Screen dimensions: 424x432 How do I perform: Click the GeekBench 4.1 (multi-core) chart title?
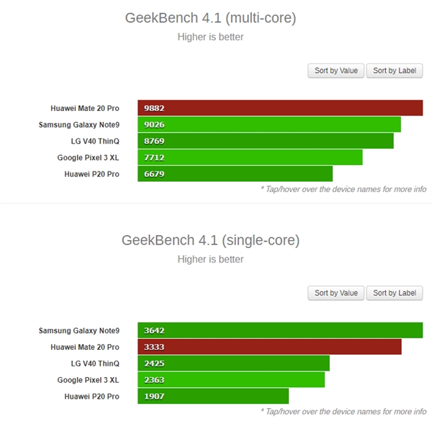point(210,18)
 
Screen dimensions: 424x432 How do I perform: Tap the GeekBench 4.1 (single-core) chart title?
point(210,240)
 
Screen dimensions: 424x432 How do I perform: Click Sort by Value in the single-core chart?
point(336,293)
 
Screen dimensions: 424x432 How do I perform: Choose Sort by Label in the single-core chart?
point(394,293)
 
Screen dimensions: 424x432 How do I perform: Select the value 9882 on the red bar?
point(155,108)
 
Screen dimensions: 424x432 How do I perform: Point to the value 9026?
point(155,125)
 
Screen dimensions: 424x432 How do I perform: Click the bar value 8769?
point(155,141)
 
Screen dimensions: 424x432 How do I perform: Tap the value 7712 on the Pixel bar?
point(155,157)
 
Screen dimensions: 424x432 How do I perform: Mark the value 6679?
point(155,174)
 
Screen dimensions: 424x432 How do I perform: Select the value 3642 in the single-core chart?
point(155,330)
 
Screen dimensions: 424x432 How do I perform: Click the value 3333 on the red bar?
point(155,347)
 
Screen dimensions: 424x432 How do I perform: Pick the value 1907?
point(155,396)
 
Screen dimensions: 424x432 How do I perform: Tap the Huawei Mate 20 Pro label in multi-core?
point(85,108)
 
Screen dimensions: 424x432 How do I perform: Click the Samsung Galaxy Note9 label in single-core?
point(79,330)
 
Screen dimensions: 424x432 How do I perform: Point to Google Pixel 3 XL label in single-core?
point(89,379)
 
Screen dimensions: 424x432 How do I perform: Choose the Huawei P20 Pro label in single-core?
point(91,396)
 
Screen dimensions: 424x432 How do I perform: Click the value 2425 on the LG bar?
point(155,363)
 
